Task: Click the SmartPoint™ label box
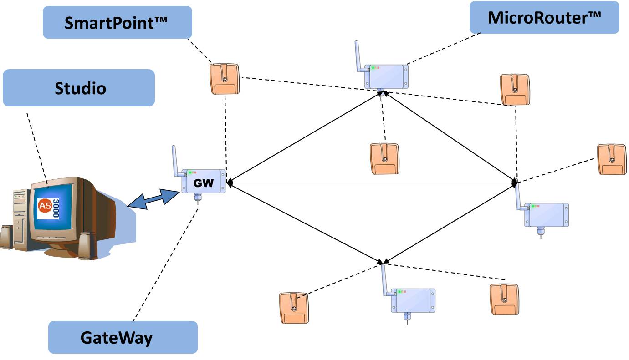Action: (x=117, y=23)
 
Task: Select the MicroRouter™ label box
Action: (x=544, y=17)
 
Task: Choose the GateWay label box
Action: (x=123, y=337)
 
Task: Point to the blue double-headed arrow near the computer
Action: (x=152, y=200)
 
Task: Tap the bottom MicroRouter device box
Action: (x=413, y=300)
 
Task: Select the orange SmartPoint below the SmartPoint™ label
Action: (x=225, y=78)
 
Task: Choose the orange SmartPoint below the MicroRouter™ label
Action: (x=515, y=90)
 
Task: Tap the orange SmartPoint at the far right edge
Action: (x=612, y=159)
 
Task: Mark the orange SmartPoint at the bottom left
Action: (x=294, y=308)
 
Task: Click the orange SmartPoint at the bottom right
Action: (x=504, y=299)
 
